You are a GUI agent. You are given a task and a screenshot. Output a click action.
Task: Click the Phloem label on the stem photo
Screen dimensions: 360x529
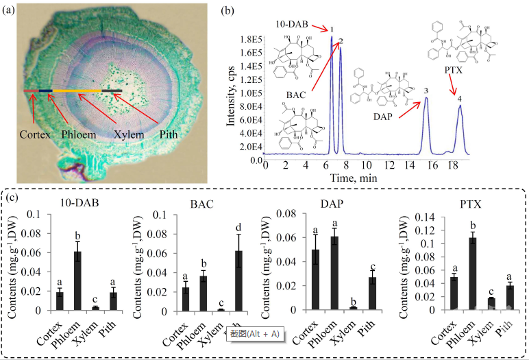79,134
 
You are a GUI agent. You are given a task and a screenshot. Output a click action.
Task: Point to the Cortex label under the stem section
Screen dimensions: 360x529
34,134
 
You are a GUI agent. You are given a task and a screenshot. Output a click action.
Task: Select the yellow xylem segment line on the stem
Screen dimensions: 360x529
77,91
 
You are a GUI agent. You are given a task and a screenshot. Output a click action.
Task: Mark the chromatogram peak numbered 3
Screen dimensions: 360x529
426,99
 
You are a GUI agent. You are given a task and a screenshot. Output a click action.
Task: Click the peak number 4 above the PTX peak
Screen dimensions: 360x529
459,99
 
